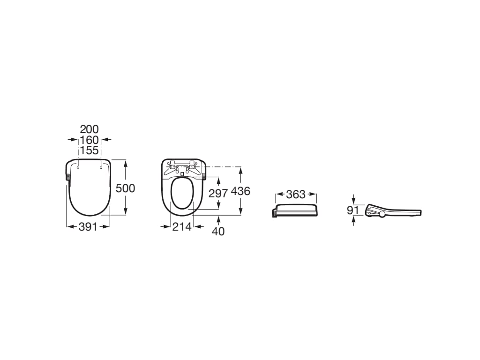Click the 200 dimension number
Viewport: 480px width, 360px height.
[90, 129]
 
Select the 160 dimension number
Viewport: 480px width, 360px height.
[90, 140]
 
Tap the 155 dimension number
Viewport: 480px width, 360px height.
[90, 150]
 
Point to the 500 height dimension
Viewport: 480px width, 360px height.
[125, 188]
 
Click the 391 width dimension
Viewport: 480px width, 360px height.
[88, 227]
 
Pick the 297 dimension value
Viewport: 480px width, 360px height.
[218, 194]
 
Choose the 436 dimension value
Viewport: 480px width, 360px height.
[240, 191]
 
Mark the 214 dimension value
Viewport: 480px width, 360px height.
[182, 227]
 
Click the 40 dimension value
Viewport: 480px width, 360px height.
[218, 232]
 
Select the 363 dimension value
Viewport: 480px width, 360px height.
[296, 194]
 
